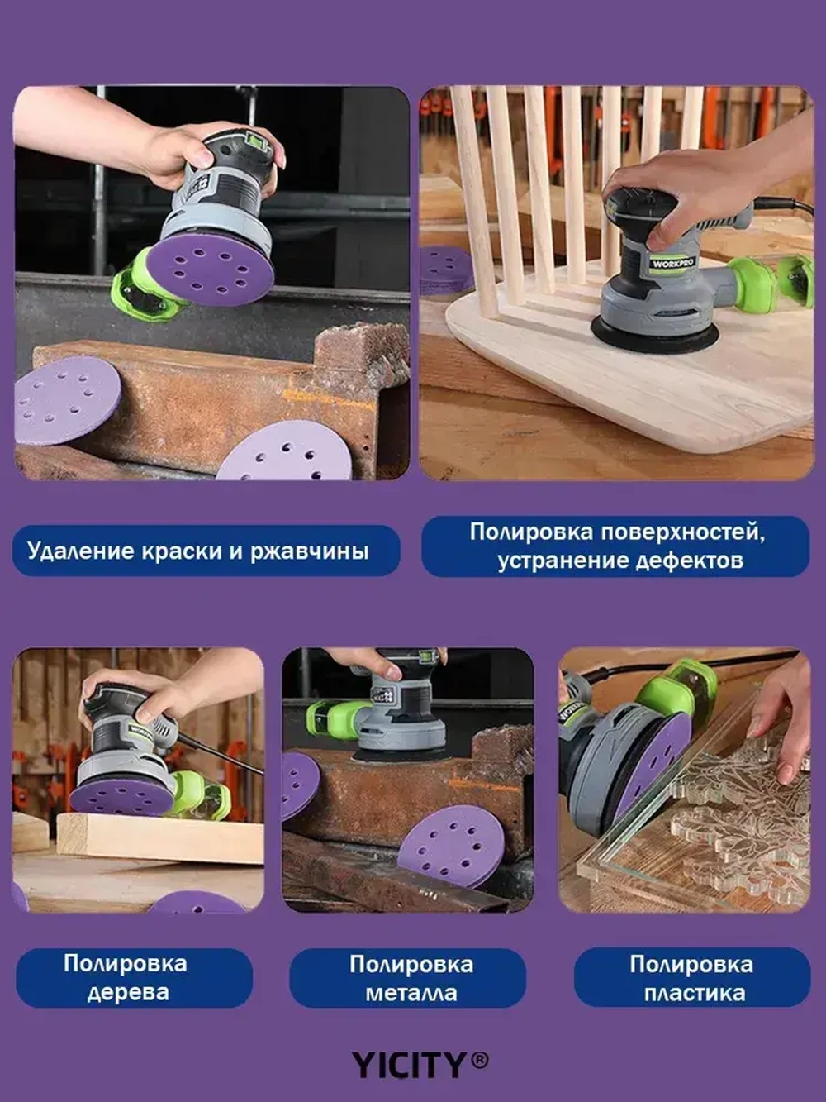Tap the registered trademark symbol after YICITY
click(480, 1060)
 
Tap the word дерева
click(128, 992)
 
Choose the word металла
click(411, 992)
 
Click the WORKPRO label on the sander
click(672, 264)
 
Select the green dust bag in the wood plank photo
click(203, 795)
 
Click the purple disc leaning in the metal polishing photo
click(452, 845)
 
